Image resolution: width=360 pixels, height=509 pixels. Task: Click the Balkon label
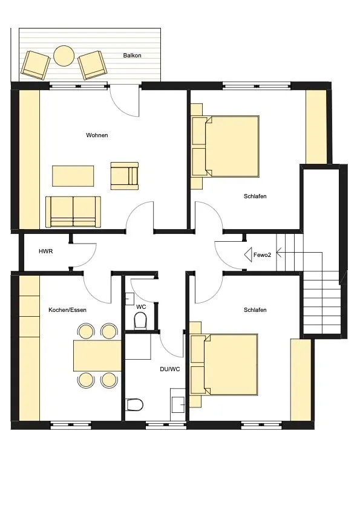(132, 56)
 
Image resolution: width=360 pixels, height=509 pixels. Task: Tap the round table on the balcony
(64, 56)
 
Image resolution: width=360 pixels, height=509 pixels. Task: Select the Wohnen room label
(97, 135)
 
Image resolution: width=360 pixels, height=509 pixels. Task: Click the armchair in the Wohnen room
(125, 176)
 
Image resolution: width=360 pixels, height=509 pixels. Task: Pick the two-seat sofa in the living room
(73, 212)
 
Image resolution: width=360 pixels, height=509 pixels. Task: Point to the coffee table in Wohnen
(73, 176)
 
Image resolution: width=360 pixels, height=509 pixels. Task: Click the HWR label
(45, 251)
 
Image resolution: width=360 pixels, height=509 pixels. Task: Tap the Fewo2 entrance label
(262, 255)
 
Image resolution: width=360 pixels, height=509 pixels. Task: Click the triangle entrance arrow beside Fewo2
(248, 254)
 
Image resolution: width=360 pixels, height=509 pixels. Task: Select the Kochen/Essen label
(67, 310)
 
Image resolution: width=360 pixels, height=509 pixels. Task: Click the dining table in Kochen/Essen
(97, 355)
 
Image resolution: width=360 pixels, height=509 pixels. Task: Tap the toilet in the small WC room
(141, 320)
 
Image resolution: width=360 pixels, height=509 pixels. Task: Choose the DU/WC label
(169, 369)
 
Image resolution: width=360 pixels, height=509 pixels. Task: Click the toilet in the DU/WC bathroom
(134, 405)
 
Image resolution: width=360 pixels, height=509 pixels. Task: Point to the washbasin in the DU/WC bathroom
(178, 404)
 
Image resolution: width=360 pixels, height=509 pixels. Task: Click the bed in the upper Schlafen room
(226, 146)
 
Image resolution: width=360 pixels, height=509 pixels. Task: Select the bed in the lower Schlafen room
(224, 365)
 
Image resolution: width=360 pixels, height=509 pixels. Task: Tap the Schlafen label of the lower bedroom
(255, 310)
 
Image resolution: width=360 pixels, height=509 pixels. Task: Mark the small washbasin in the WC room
(130, 299)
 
